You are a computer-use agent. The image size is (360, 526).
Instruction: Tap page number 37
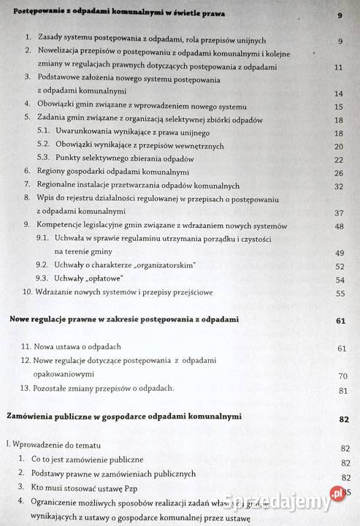coord(337,213)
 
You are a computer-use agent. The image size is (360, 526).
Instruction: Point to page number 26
coord(337,172)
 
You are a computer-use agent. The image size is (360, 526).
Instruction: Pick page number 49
coord(338,254)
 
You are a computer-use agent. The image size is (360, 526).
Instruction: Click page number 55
coord(338,294)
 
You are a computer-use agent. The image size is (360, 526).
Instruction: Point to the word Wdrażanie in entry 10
coord(58,293)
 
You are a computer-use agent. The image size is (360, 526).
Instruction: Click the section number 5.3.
coord(42,159)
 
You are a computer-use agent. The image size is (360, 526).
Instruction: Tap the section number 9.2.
coord(42,266)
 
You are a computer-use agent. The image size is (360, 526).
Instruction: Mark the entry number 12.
coord(26,362)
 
